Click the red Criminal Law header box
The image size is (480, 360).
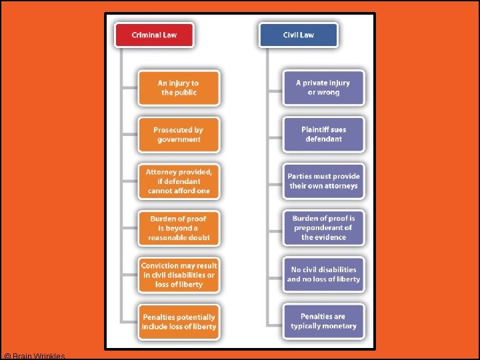coord(154,35)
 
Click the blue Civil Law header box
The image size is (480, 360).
coord(299,35)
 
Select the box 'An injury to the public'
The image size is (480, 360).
coord(178,88)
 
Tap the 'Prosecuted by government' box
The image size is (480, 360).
coord(178,135)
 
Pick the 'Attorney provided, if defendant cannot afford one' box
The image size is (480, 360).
coord(178,181)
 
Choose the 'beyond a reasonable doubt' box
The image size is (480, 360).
coord(178,228)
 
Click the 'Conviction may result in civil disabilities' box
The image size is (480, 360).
coord(178,275)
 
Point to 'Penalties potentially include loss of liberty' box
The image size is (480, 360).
coord(178,322)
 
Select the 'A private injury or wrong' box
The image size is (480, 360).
coord(323,87)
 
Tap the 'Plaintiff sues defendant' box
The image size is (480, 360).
coord(323,134)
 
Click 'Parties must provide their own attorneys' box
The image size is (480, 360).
coord(323,181)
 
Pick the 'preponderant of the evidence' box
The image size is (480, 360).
coord(323,227)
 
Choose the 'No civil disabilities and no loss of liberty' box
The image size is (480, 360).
coord(323,275)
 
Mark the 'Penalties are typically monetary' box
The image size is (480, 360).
coord(323,321)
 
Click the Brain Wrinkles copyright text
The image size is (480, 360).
coord(34,356)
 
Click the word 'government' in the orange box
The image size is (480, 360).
coord(179,139)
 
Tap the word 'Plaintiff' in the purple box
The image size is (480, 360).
coord(315,129)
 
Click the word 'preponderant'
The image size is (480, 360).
coord(323,227)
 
